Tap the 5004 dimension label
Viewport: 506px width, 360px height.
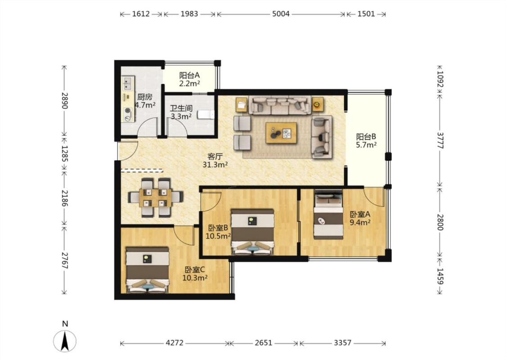(281, 14)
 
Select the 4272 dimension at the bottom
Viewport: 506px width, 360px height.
(175, 343)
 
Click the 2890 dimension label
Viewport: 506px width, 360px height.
(64, 101)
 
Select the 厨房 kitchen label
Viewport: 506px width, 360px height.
(144, 97)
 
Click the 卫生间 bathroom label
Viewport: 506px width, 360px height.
(181, 108)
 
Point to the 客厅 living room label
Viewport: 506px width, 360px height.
(215, 157)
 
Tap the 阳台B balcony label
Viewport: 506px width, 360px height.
(366, 136)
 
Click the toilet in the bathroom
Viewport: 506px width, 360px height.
(206, 114)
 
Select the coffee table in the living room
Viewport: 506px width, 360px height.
(281, 133)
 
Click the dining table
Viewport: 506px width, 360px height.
(156, 198)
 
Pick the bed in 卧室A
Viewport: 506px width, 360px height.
(328, 215)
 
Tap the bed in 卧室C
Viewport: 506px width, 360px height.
(148, 270)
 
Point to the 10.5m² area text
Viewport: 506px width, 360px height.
(218, 236)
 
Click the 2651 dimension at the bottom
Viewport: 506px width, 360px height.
(264, 343)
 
